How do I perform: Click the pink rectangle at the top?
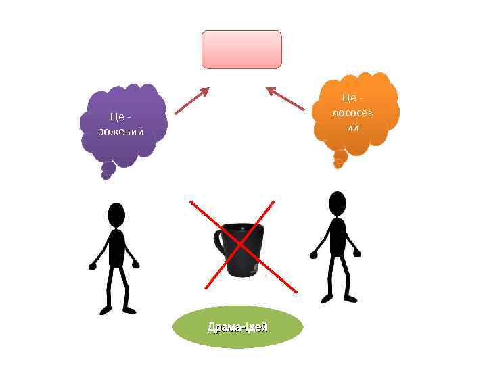click(x=241, y=49)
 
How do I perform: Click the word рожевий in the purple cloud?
click(x=120, y=131)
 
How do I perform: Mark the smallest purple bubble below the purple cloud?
click(x=105, y=176)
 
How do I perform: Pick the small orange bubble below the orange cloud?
click(x=340, y=160)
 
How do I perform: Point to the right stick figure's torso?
click(x=337, y=236)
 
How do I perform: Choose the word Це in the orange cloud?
click(x=350, y=99)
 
